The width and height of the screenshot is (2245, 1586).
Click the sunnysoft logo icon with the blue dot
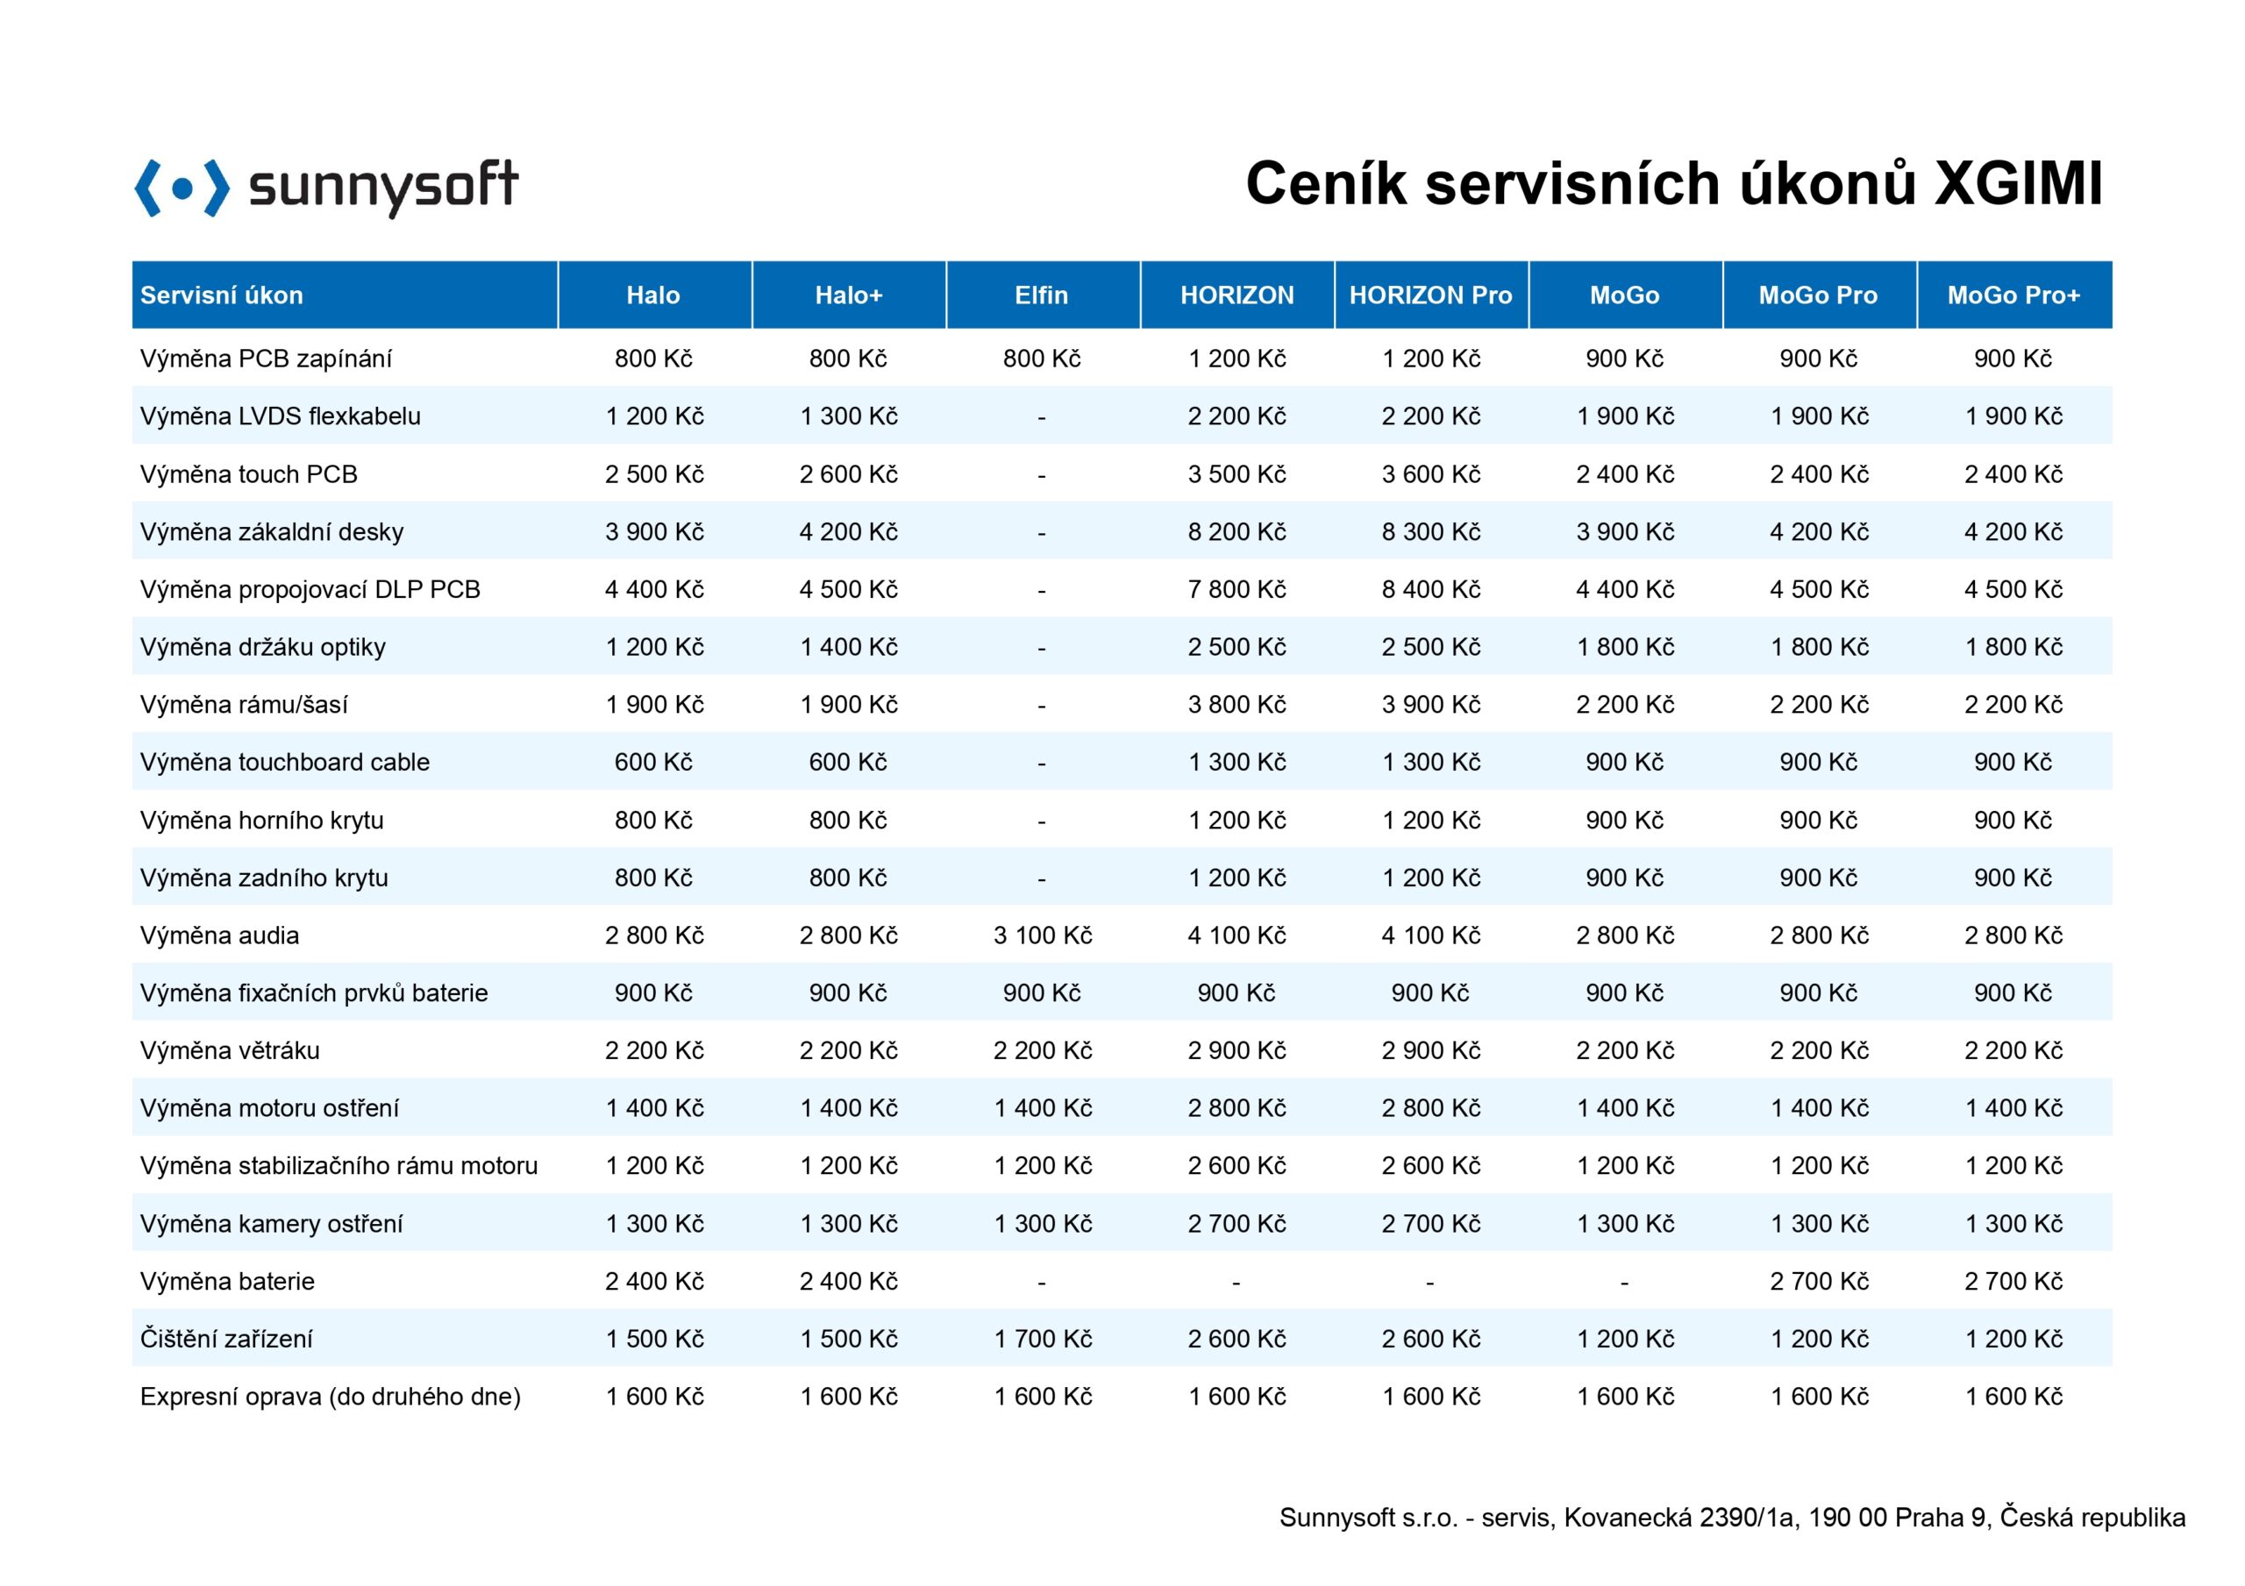click(x=182, y=188)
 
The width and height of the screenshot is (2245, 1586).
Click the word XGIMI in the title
click(x=2019, y=183)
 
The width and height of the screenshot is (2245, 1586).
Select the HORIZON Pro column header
click(x=1430, y=295)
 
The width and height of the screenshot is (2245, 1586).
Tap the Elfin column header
click(x=1041, y=295)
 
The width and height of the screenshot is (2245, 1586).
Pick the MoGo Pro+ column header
click(x=2013, y=295)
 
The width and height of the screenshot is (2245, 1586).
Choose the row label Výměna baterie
click(x=227, y=1281)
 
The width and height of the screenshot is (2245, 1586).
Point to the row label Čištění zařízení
click(x=226, y=1339)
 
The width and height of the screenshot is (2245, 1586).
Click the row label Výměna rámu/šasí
click(x=244, y=704)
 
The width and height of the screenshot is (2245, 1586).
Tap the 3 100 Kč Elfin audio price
click(x=1043, y=935)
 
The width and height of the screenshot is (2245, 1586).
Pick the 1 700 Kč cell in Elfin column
click(x=1043, y=1339)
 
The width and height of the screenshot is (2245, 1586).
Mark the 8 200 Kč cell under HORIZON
click(x=1237, y=532)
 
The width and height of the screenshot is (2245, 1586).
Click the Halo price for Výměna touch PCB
click(x=654, y=474)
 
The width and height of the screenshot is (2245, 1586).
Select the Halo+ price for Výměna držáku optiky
click(x=849, y=647)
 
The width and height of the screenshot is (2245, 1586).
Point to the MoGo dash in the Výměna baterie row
click(x=1624, y=1282)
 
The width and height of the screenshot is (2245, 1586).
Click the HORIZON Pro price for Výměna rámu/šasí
click(x=1430, y=705)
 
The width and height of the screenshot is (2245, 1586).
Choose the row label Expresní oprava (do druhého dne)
click(x=331, y=1397)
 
